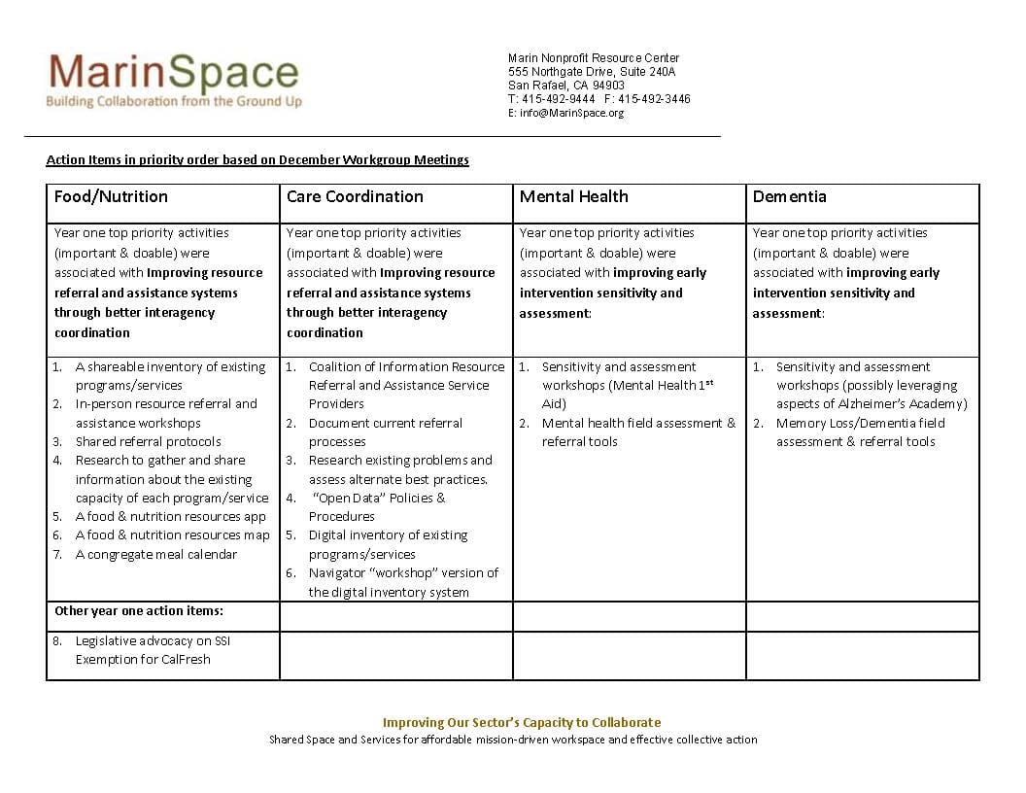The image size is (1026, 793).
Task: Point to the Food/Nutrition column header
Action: point(111,196)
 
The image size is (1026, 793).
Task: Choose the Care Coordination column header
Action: point(355,196)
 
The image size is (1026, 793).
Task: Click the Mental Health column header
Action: point(573,196)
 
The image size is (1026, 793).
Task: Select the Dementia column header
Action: point(789,196)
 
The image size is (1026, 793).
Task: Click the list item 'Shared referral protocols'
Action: point(148,441)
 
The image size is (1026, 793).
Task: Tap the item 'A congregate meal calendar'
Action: point(155,554)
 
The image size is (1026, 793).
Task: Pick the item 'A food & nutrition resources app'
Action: point(170,516)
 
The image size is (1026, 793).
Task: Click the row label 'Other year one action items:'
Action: point(139,611)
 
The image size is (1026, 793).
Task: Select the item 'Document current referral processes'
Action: point(385,431)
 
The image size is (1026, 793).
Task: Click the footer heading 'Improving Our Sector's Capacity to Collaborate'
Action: point(521,722)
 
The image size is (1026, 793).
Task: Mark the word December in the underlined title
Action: point(313,159)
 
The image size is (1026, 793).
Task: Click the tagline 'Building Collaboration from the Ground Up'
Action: point(174,102)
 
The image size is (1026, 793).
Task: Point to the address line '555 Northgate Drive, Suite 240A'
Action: point(591,72)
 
